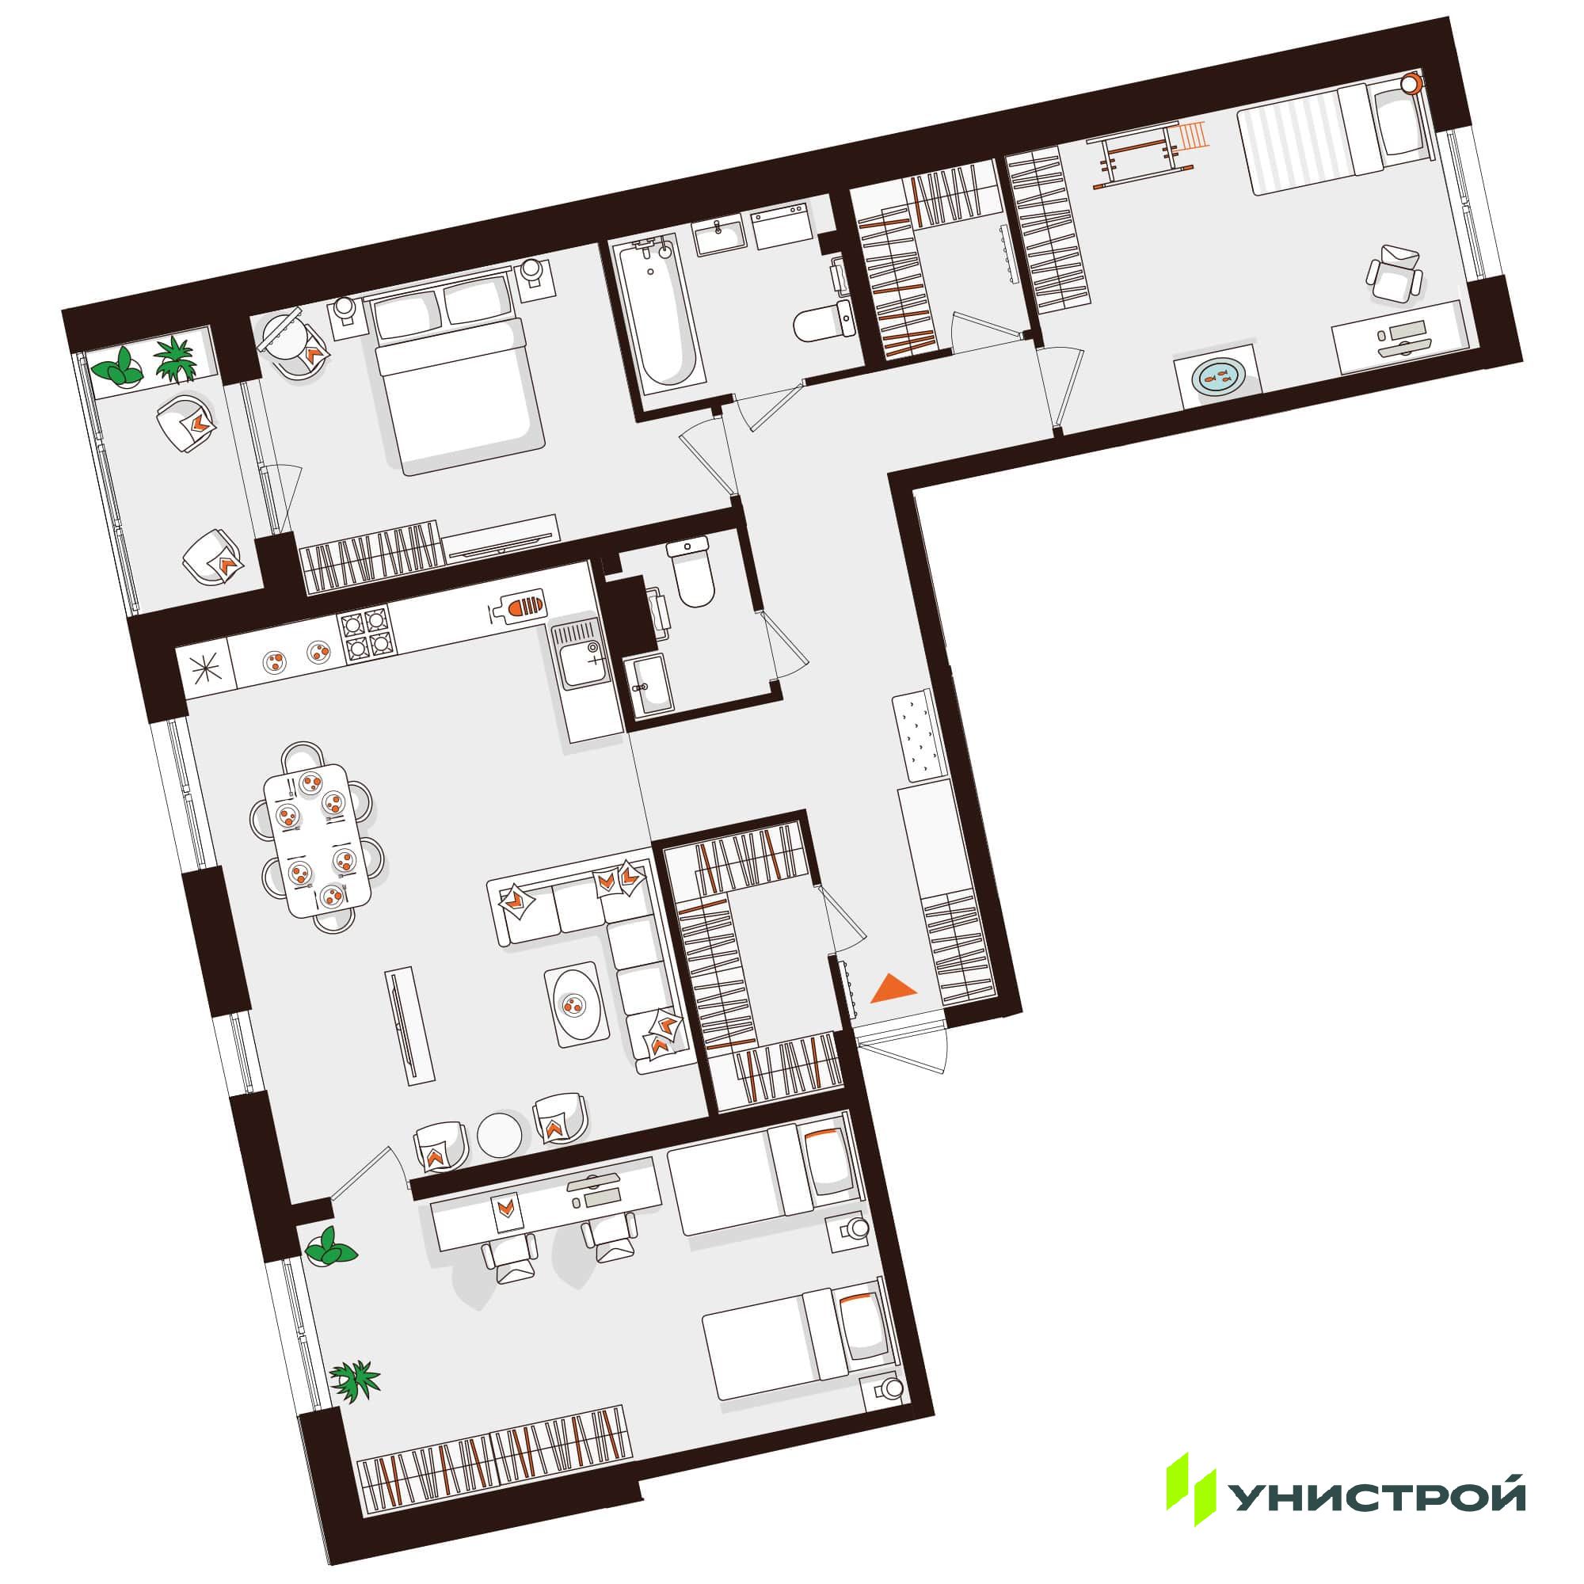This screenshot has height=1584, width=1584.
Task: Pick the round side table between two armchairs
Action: (499, 1134)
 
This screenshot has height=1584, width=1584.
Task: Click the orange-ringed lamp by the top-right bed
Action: (1411, 84)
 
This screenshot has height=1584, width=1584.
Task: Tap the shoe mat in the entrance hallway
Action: (920, 736)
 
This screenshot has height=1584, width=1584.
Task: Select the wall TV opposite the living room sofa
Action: (410, 1026)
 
